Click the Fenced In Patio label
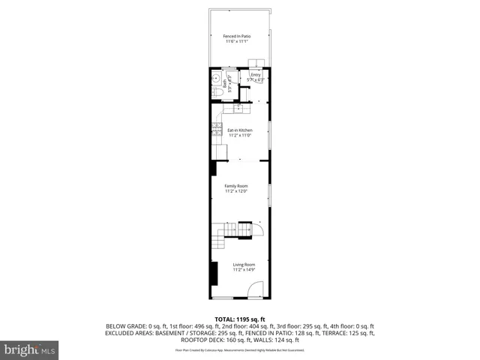(x=237, y=36)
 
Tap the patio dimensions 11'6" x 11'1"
(x=237, y=41)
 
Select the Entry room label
(x=256, y=74)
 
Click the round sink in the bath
(x=215, y=76)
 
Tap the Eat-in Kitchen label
(x=240, y=130)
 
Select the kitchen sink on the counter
(x=239, y=108)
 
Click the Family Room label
(x=236, y=186)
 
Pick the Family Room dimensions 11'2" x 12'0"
(x=236, y=191)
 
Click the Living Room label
(x=244, y=264)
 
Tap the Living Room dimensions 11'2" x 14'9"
(x=244, y=269)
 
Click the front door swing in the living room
(x=256, y=290)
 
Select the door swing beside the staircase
(x=258, y=228)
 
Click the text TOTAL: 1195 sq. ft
(x=240, y=319)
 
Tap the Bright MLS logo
(x=30, y=349)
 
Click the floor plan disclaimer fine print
(x=240, y=349)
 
